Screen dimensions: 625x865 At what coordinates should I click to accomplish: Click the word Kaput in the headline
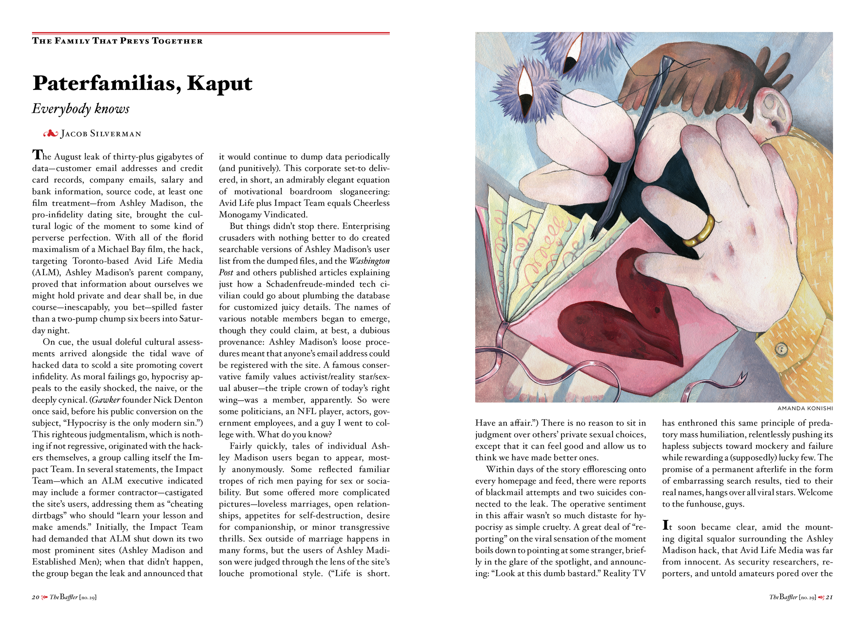click(x=219, y=83)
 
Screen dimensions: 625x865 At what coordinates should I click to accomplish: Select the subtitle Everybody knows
click(x=81, y=109)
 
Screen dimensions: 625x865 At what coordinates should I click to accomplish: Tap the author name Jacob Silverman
click(x=101, y=134)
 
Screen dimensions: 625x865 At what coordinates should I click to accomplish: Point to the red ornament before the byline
click(x=50, y=134)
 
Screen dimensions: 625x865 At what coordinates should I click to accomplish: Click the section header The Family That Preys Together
click(x=117, y=41)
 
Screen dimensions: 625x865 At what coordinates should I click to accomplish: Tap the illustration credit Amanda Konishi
click(x=805, y=408)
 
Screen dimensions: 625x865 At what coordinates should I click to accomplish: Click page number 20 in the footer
click(x=36, y=597)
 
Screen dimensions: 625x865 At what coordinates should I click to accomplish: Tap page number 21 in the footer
click(x=829, y=597)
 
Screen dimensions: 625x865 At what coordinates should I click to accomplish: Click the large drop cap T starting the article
click(x=37, y=155)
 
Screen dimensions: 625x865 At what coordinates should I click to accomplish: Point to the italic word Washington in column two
click(x=369, y=261)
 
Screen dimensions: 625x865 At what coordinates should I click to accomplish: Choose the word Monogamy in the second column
click(x=240, y=215)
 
